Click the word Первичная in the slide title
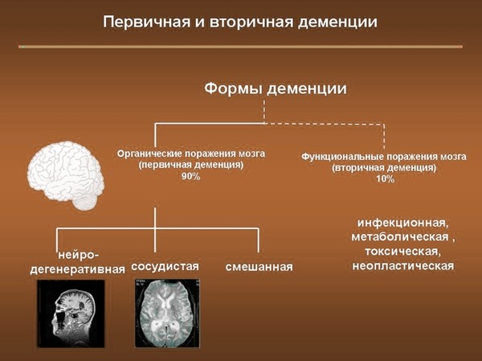pyautogui.click(x=146, y=23)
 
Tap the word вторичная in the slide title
pyautogui.click(x=252, y=23)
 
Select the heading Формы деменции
pyautogui.click(x=276, y=88)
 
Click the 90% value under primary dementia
pyautogui.click(x=191, y=177)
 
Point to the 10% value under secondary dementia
pyautogui.click(x=385, y=178)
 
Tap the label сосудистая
pyautogui.click(x=165, y=266)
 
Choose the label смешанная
pyautogui.click(x=259, y=266)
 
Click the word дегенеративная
pyautogui.click(x=78, y=269)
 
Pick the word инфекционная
pyautogui.click(x=403, y=223)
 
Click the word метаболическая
pyautogui.click(x=400, y=237)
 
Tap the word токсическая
pyautogui.click(x=403, y=251)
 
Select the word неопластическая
pyautogui.click(x=403, y=265)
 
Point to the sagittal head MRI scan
pyautogui.click(x=71, y=314)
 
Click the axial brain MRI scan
pyautogui.click(x=167, y=314)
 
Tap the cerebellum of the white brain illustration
pyautogui.click(x=84, y=202)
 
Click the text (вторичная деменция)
pyautogui.click(x=384, y=168)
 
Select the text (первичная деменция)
pyautogui.click(x=191, y=166)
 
